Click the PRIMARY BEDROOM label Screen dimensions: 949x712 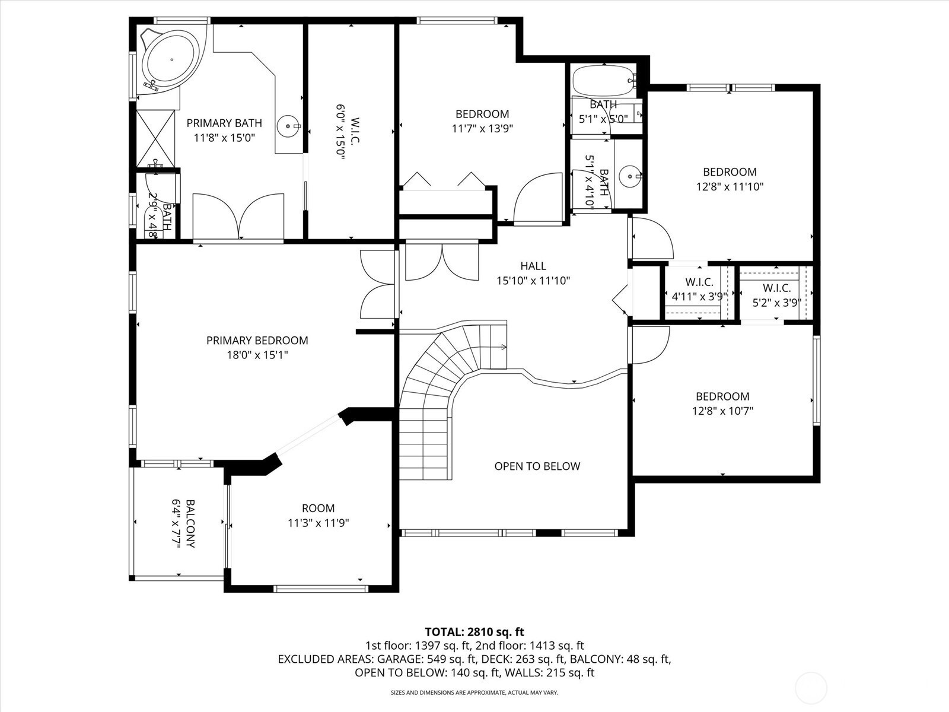[257, 341]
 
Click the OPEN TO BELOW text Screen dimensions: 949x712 [537, 466]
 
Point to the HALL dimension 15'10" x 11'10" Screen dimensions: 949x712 [533, 281]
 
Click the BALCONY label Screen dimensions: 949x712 [190, 523]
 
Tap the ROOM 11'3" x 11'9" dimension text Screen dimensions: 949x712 [318, 523]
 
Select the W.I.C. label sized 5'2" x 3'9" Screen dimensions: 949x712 [777, 288]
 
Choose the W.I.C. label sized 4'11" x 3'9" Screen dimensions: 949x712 [699, 282]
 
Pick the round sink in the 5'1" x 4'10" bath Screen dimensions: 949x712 [630, 176]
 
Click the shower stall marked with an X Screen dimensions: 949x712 [155, 138]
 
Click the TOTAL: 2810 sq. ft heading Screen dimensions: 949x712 [474, 632]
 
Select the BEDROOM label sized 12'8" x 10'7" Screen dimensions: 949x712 [722, 396]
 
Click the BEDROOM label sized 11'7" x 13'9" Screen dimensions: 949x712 [482, 114]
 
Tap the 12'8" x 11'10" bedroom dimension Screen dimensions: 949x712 [730, 187]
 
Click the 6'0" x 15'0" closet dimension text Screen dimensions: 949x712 [340, 132]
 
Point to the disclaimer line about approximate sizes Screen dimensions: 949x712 [474, 692]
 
